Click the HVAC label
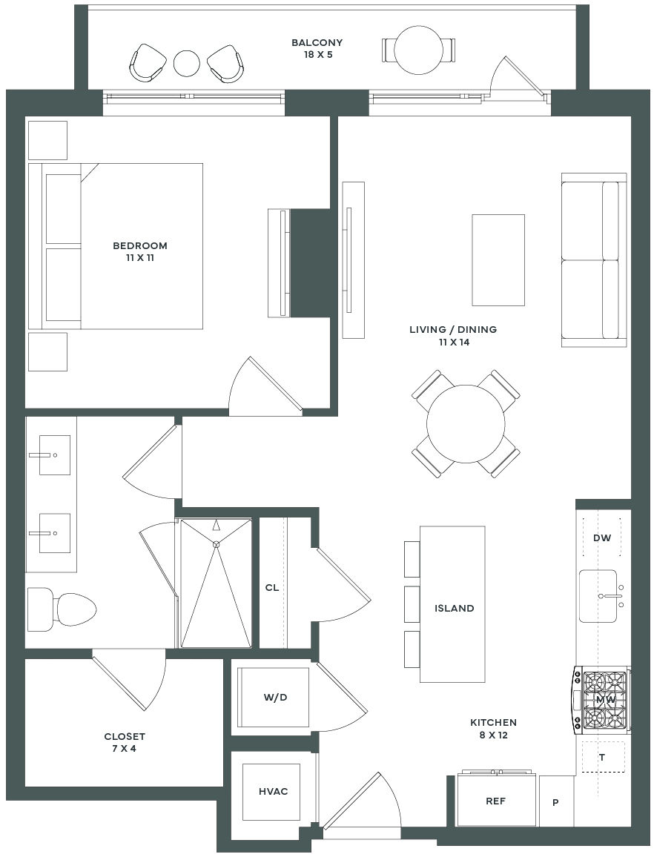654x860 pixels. [273, 792]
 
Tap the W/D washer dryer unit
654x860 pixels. [273, 698]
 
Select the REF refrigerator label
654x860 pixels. [495, 801]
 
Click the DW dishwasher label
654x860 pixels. [602, 537]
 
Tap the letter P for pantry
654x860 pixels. [556, 802]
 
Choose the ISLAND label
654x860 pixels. [454, 609]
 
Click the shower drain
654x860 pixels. [217, 545]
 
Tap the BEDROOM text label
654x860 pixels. [139, 246]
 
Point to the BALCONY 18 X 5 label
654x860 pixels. [317, 48]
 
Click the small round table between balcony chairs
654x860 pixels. [187, 63]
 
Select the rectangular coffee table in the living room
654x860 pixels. [498, 259]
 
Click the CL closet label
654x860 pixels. [272, 588]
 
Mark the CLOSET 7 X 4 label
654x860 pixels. [125, 742]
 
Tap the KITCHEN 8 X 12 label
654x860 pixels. [493, 729]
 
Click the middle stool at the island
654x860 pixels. [412, 604]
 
